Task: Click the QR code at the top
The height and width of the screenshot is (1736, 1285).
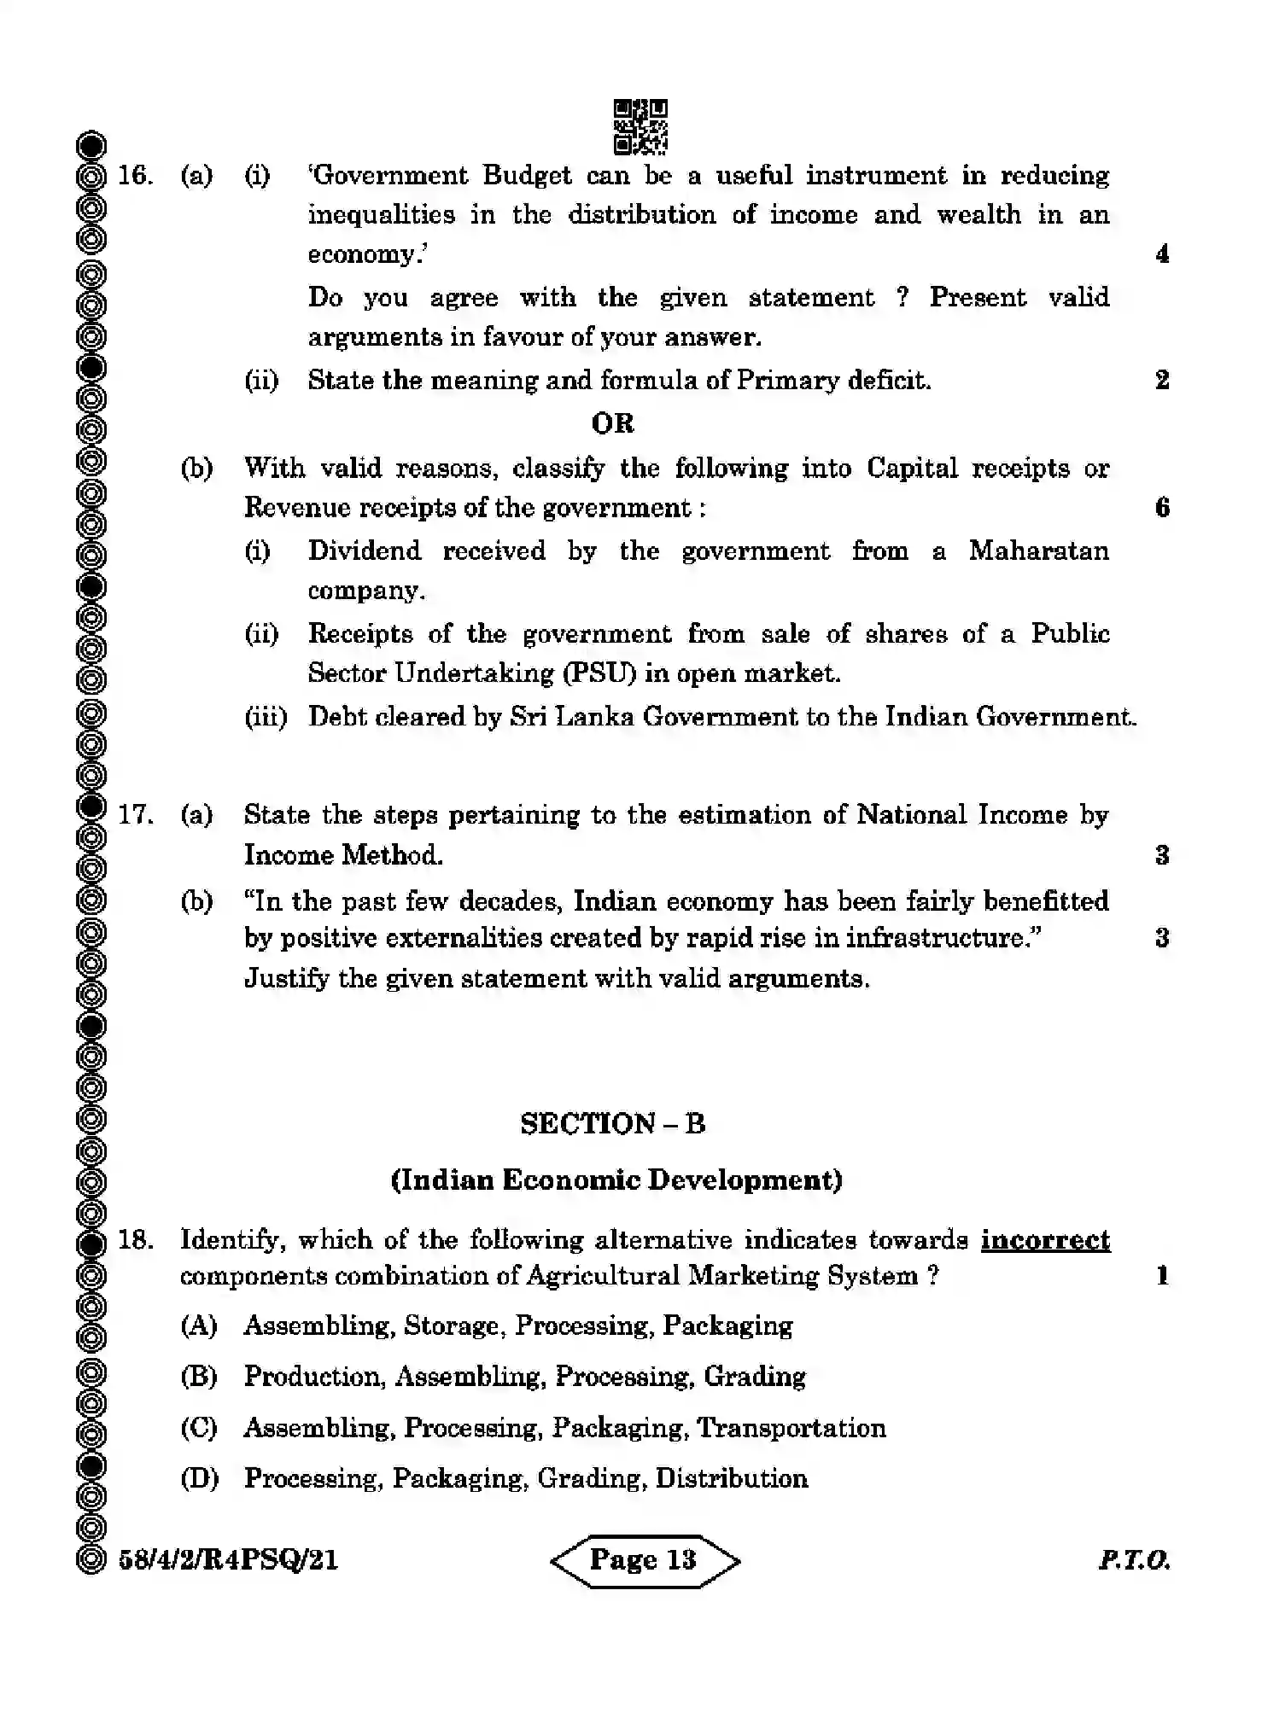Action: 640,127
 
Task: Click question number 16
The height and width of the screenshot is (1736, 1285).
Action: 135,176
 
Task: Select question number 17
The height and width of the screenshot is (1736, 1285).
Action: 135,814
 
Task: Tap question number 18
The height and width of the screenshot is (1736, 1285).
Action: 135,1239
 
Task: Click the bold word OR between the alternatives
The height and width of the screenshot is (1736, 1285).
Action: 613,423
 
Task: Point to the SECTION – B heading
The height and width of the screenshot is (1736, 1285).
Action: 613,1123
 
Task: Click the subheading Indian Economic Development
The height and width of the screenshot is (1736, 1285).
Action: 616,1180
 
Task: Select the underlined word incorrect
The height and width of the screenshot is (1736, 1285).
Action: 1045,1239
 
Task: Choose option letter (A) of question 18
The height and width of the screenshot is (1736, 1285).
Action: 199,1325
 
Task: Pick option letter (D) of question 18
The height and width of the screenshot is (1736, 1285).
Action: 199,1478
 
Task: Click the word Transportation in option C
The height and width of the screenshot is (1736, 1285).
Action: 791,1428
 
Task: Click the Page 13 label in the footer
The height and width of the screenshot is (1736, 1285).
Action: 644,1560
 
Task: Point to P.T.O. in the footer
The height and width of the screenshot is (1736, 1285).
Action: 1134,1560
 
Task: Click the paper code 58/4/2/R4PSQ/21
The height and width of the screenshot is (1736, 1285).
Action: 228,1560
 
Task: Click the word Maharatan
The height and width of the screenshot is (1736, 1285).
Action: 1038,551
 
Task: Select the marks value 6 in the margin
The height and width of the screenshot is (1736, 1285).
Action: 1162,508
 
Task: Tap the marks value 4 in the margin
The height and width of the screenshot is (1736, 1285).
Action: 1162,254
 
